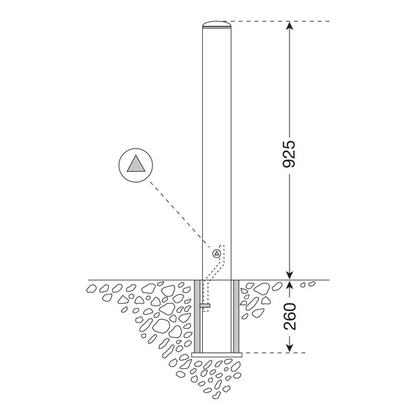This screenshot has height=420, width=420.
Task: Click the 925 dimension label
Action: click(289, 153)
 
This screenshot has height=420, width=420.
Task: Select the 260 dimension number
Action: click(289, 317)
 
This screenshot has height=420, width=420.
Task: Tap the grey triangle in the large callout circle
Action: click(137, 164)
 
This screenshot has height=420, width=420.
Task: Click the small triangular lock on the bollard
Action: click(215, 255)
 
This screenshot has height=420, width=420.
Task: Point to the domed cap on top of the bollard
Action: click(216, 25)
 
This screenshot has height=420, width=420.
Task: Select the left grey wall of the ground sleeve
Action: click(198, 317)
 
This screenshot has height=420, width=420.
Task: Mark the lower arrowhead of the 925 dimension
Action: click(289, 275)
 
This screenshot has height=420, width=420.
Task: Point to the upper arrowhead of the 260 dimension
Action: click(289, 285)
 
